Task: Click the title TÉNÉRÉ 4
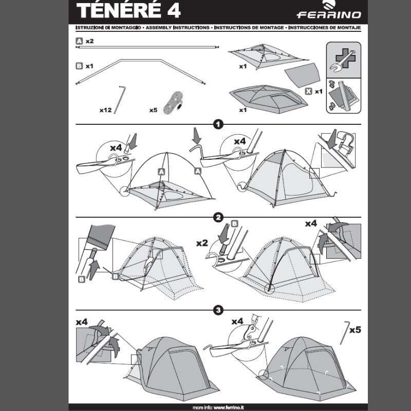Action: (128, 11)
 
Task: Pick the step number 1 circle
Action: (218, 124)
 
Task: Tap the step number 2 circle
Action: (218, 218)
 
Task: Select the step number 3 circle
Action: (218, 310)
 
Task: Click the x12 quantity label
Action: (106, 110)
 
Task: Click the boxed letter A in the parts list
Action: (79, 40)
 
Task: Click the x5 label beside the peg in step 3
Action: (355, 329)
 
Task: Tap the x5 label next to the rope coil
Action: (153, 110)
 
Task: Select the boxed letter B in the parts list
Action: (79, 66)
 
